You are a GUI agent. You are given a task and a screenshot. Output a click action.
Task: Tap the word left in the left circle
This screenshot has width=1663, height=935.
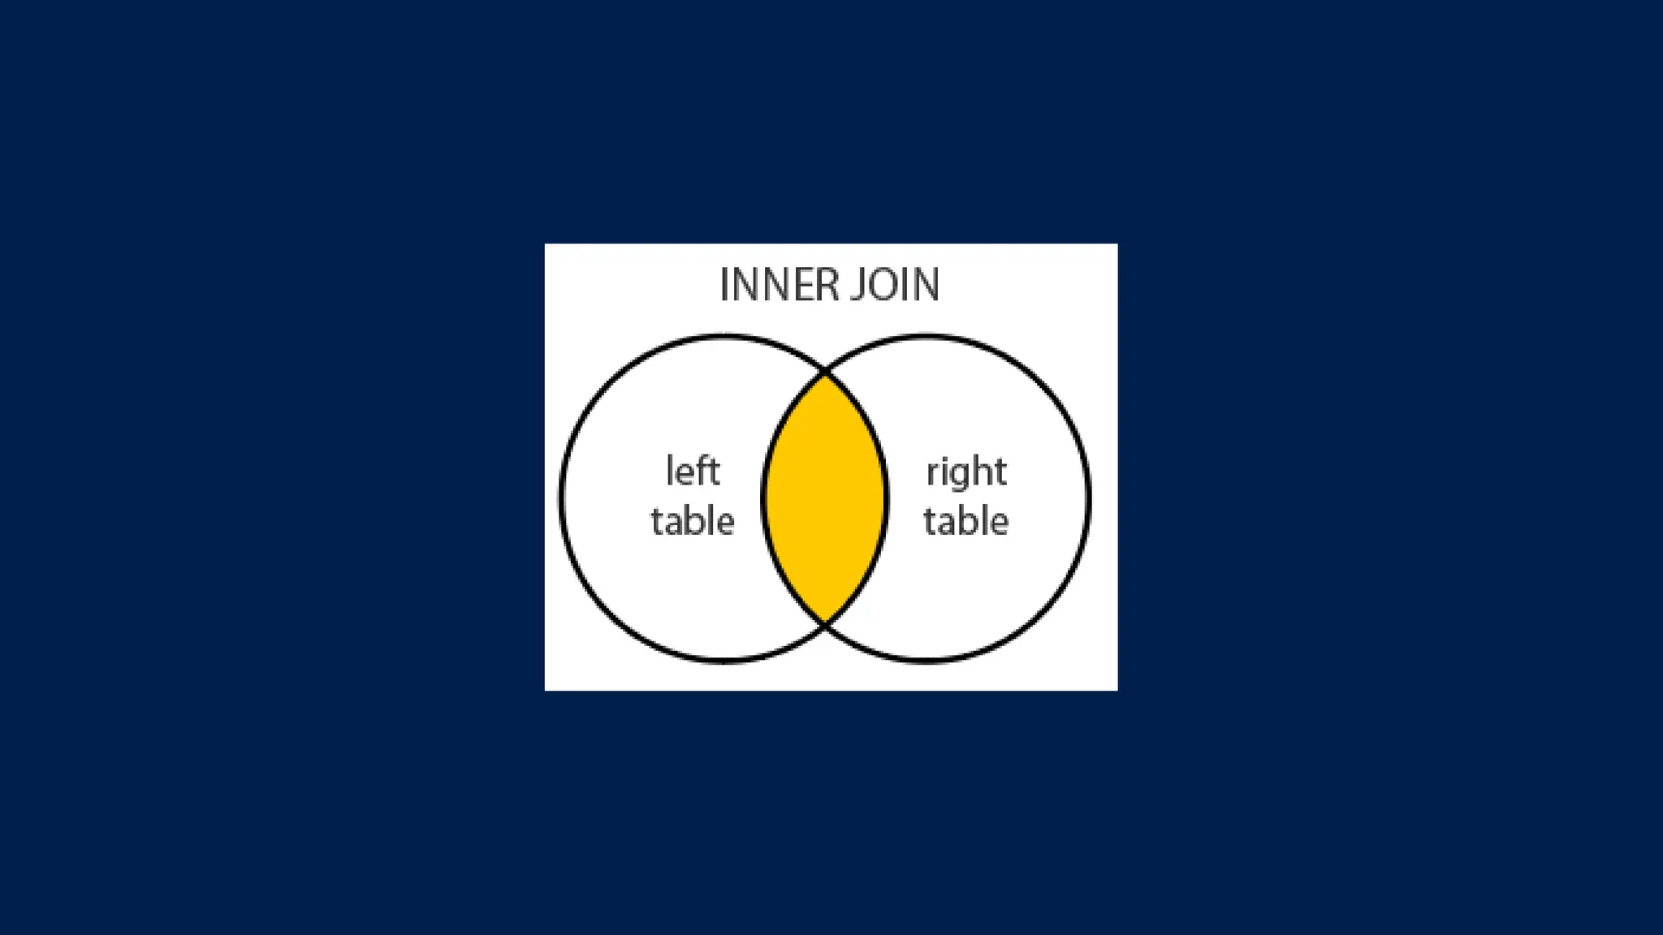pos(693,472)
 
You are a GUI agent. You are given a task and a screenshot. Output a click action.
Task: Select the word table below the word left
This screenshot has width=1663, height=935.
pos(693,521)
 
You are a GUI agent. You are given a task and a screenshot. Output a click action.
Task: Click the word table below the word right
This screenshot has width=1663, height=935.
pos(966,521)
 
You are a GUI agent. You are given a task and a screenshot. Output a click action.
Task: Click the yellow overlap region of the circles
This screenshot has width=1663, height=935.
pos(825,498)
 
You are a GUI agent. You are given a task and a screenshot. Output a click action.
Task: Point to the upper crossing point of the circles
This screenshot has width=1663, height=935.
pos(826,374)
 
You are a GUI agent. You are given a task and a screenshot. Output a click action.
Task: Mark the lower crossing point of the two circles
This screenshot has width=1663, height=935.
pos(826,623)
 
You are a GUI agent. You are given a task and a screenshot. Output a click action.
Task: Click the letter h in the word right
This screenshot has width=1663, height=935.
pos(982,472)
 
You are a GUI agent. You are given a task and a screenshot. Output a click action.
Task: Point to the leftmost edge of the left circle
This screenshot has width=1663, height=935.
pos(560,498)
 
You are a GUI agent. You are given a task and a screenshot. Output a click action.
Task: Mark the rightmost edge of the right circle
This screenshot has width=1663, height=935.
pos(1090,498)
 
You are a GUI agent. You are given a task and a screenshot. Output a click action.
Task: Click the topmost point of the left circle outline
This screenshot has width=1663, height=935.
pos(724,335)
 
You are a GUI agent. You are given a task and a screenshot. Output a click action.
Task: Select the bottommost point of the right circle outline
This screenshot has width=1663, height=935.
pos(927,661)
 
